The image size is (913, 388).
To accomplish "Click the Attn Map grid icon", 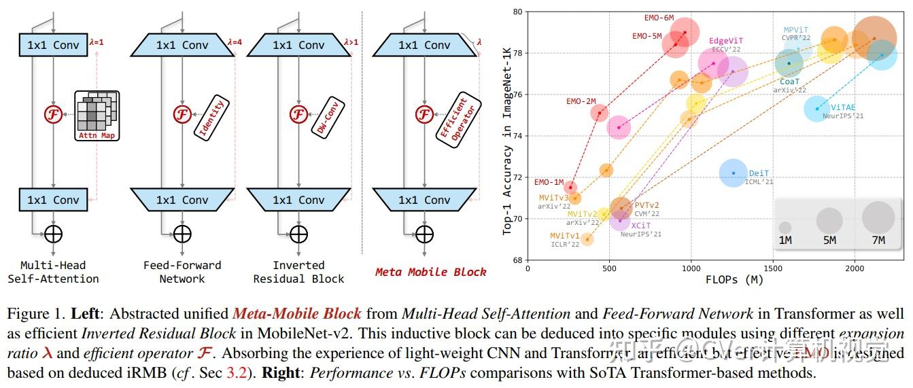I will pyautogui.click(x=96, y=116).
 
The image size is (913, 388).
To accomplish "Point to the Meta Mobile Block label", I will pyautogui.click(x=430, y=272).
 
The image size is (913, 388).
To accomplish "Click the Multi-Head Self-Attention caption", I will pyautogui.click(x=53, y=272).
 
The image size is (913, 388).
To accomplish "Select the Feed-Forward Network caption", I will pyautogui.click(x=182, y=272).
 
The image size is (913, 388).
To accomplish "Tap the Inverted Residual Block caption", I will pyautogui.click(x=298, y=272).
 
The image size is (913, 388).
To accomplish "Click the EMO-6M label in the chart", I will pyautogui.click(x=659, y=18).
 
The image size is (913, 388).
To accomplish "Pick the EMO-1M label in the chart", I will pyautogui.click(x=549, y=182).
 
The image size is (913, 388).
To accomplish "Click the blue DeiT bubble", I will pyautogui.click(x=733, y=173).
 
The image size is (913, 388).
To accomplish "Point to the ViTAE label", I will pyautogui.click(x=842, y=107).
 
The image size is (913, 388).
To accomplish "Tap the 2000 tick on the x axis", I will pyautogui.click(x=855, y=268).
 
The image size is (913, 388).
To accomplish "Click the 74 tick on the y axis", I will pyautogui.click(x=518, y=136).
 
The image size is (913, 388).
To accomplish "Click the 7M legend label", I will pyautogui.click(x=878, y=240).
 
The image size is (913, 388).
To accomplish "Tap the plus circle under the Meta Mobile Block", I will pyautogui.click(x=424, y=234).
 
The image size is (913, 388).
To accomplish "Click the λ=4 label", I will pyautogui.click(x=235, y=42).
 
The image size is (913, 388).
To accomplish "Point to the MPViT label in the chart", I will pyautogui.click(x=795, y=30).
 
